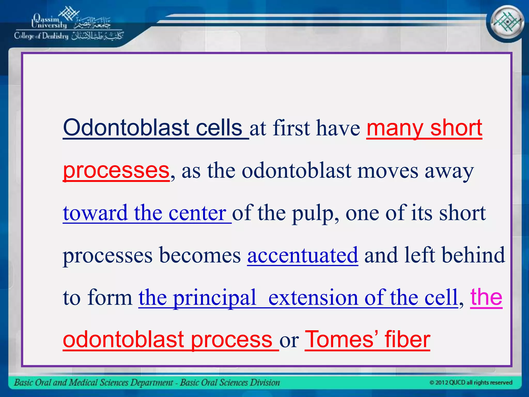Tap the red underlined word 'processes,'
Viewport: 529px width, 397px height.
tap(116, 171)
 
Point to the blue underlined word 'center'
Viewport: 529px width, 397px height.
tap(197, 213)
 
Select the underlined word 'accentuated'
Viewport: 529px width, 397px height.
tap(303, 256)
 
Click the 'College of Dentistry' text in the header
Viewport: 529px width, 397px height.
tap(41, 36)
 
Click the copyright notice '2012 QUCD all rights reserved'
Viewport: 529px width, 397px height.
tap(471, 382)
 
